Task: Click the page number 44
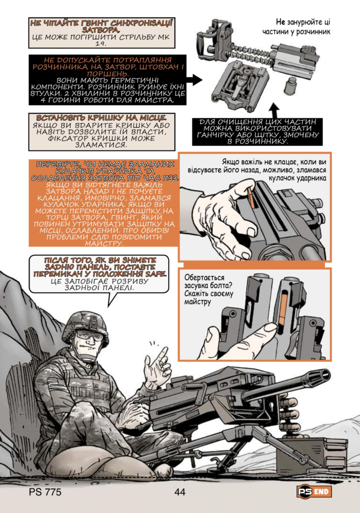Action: coord(180,492)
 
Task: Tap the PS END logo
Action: coord(314,491)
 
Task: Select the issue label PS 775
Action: coord(45,492)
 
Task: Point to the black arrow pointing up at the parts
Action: coord(275,111)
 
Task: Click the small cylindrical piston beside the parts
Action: coord(289,86)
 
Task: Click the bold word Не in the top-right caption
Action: coord(280,22)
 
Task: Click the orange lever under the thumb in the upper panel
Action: coord(251,197)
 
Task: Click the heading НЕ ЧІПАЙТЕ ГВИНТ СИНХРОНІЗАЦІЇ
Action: coord(101,23)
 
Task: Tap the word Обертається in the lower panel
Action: coord(204,278)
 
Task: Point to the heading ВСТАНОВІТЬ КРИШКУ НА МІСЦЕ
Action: coord(101,118)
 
